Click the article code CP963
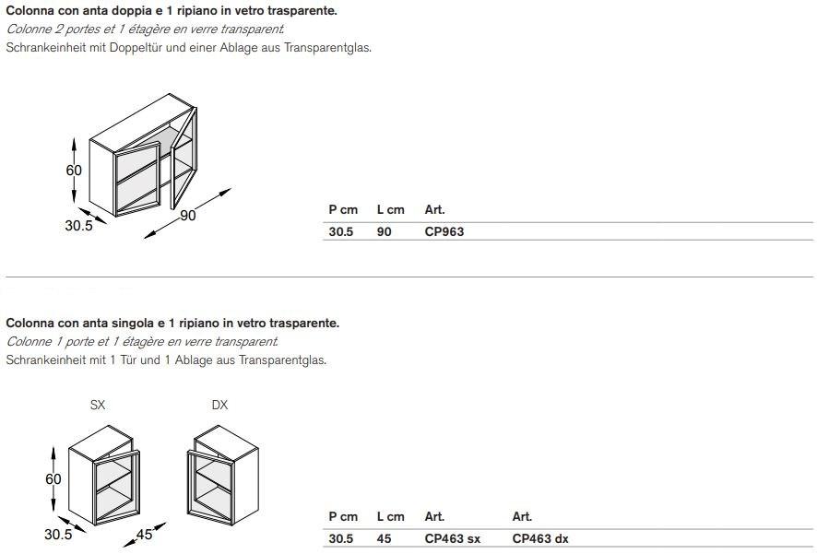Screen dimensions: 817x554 (x=444, y=231)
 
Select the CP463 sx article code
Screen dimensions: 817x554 (x=452, y=539)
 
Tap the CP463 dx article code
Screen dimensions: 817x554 (x=540, y=539)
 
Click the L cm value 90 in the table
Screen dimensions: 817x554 (x=384, y=231)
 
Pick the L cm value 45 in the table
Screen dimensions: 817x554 (x=384, y=539)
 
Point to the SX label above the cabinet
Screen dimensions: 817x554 (x=98, y=405)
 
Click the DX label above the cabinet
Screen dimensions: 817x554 (x=219, y=405)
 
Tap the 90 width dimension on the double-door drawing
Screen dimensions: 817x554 (x=187, y=215)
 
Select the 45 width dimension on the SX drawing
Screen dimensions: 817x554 (x=145, y=535)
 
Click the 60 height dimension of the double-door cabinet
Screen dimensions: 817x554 (x=74, y=171)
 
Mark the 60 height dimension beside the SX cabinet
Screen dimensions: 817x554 (x=53, y=479)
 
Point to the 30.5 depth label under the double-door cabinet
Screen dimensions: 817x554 (x=78, y=226)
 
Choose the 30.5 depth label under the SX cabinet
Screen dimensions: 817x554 (x=58, y=535)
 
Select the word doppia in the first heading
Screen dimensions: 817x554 (x=134, y=11)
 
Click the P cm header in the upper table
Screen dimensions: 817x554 (x=343, y=210)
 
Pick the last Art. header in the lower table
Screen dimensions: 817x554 (x=522, y=516)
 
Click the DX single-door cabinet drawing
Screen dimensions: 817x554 (x=222, y=475)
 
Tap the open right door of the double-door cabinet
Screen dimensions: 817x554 (x=184, y=158)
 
